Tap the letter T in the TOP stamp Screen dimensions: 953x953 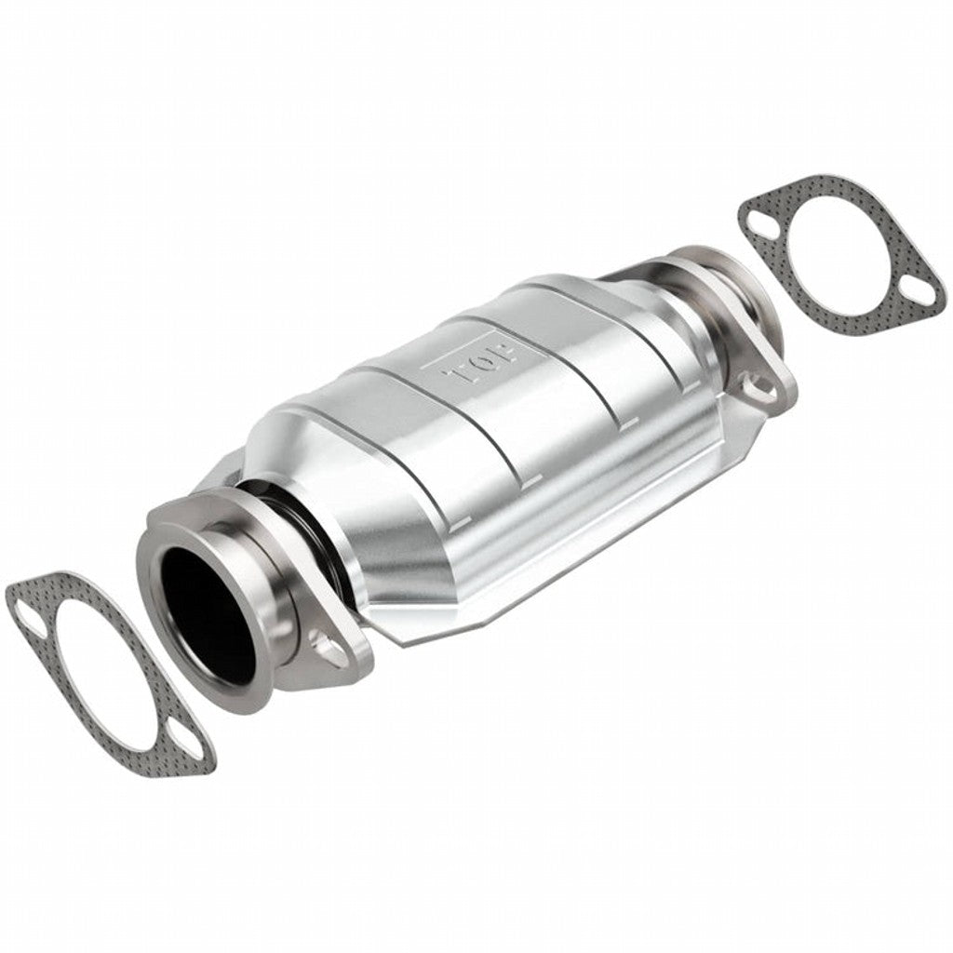click(x=463, y=377)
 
